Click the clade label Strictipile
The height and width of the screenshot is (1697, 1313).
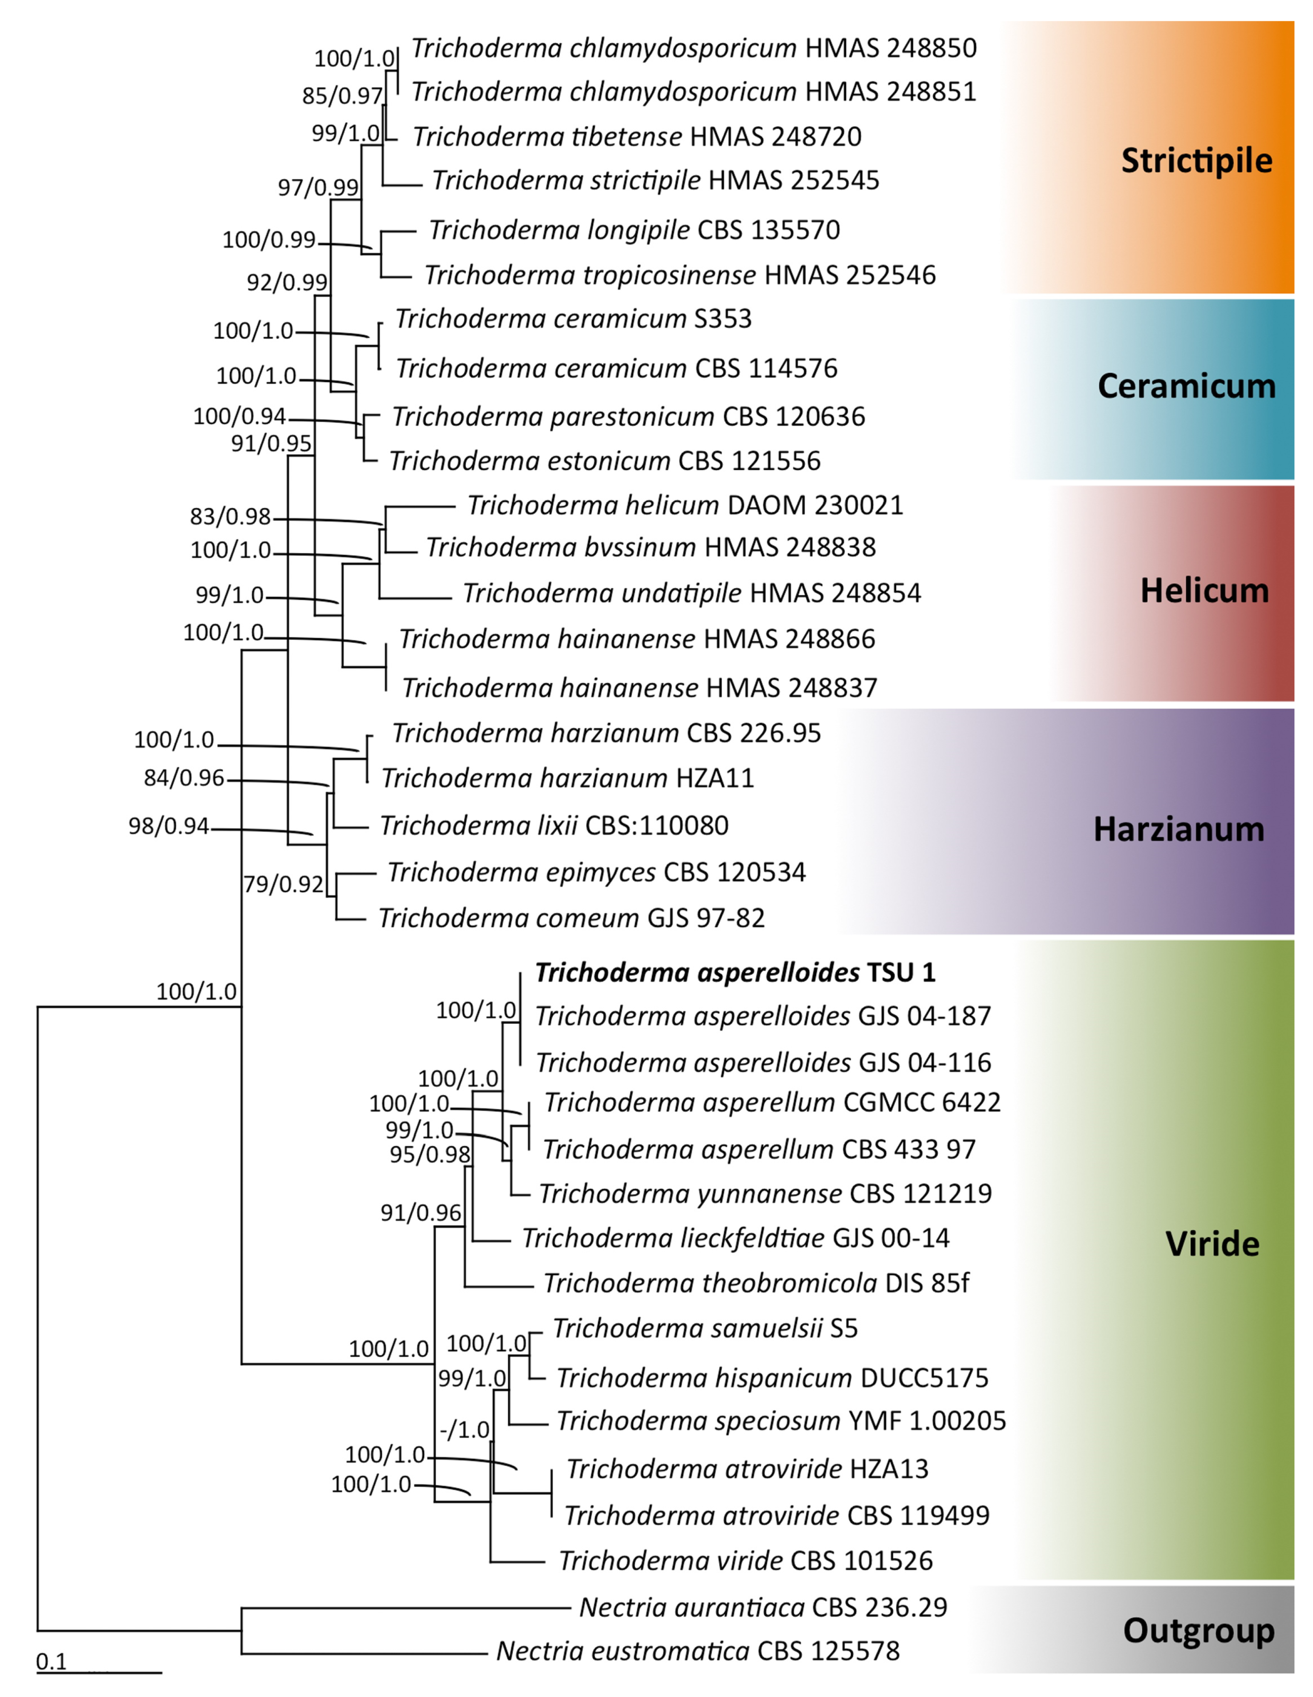(x=1196, y=161)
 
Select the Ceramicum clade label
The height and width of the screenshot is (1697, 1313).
(x=1187, y=386)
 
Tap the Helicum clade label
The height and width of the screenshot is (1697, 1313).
(x=1204, y=591)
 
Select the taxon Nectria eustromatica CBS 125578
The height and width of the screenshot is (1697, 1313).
(x=698, y=1650)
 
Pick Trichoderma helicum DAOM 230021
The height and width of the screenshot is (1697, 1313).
(x=685, y=505)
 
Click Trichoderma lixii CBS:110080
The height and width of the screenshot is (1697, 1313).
(x=554, y=825)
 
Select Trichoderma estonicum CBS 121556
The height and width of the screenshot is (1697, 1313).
(x=605, y=461)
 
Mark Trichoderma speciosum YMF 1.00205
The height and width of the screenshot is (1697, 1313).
(x=781, y=1420)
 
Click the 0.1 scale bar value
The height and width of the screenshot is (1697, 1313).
(x=51, y=1661)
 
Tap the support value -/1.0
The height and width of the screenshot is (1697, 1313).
(x=464, y=1430)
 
